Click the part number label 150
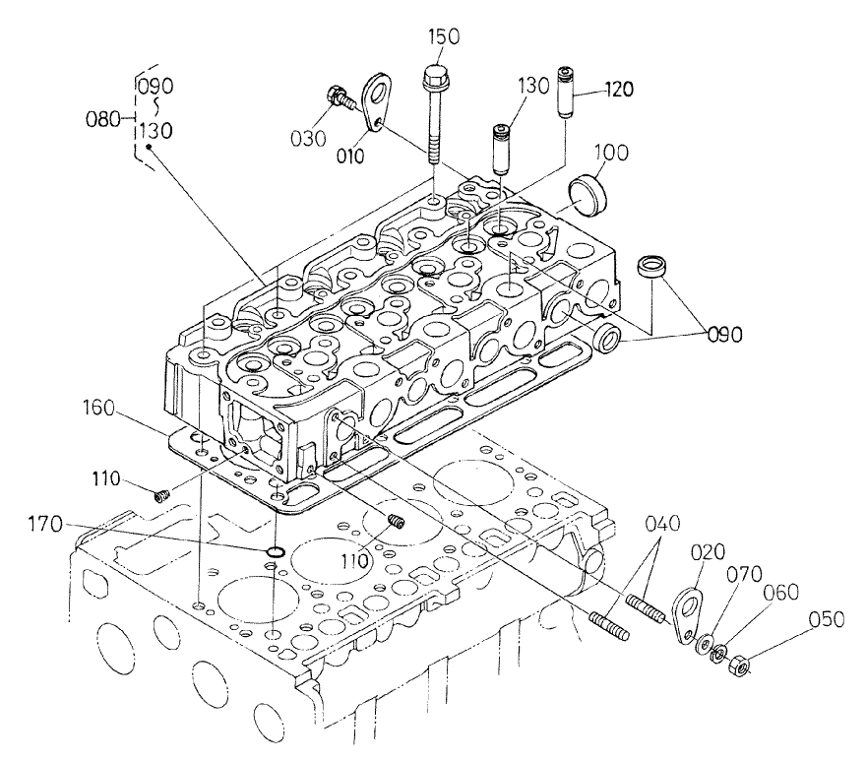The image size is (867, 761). click(x=442, y=38)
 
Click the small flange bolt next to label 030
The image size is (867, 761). click(x=336, y=97)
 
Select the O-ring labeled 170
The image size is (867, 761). click(x=279, y=547)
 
